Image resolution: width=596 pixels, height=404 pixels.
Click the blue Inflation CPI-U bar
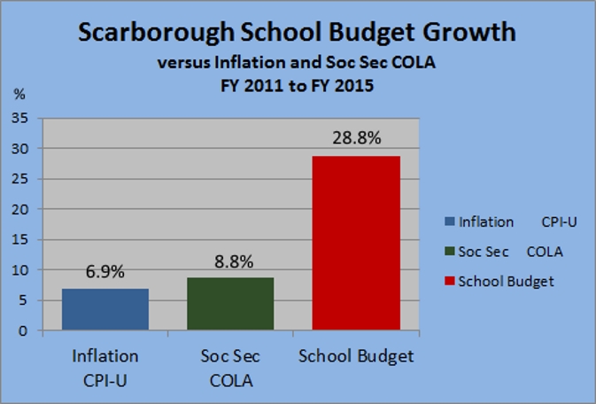[x=104, y=309]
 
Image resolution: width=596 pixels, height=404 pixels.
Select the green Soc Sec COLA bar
[x=229, y=304]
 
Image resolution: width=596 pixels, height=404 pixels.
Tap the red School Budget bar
[x=356, y=243]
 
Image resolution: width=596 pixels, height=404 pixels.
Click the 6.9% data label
[x=104, y=273]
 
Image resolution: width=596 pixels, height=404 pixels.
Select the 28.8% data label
[x=356, y=139]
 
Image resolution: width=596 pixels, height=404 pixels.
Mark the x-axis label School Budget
[x=356, y=356]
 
